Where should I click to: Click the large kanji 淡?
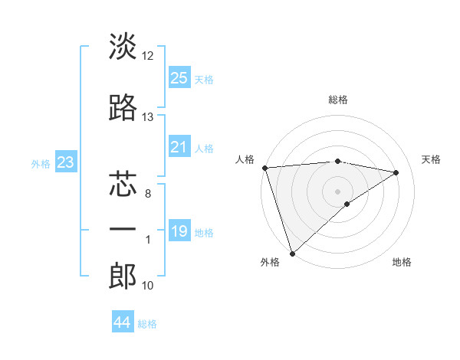(123, 47)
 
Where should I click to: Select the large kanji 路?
(123, 109)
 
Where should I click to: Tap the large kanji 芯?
(123, 185)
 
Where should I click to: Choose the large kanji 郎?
(123, 277)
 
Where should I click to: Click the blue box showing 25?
(179, 77)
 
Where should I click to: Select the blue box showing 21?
(179, 147)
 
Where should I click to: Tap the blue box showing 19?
(179, 231)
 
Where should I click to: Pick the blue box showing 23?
(66, 162)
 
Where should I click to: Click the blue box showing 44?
(123, 322)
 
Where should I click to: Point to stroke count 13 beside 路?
(147, 117)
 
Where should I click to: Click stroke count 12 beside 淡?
(147, 56)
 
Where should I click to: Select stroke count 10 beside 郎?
(147, 286)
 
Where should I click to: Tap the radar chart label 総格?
(338, 100)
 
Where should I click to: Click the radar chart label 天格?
(432, 159)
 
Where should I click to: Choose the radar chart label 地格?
(402, 262)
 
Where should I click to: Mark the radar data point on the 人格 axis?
(264, 168)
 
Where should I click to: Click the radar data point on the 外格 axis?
(292, 253)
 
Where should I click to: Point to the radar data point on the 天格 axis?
(396, 172)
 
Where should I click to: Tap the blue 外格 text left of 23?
(41, 163)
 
